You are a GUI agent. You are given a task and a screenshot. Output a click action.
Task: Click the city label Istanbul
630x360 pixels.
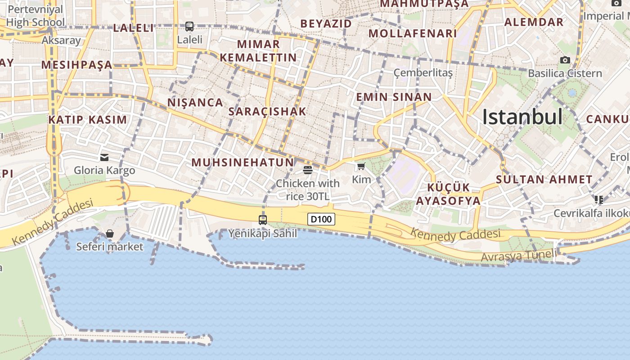[522, 117]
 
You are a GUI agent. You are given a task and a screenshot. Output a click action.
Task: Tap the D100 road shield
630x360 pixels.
[321, 219]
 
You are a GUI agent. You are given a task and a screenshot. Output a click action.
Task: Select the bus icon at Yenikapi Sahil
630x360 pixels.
[263, 220]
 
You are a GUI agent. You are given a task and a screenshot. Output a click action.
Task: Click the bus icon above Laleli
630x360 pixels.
[189, 27]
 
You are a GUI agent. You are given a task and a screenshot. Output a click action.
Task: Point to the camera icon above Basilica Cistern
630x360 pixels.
[565, 60]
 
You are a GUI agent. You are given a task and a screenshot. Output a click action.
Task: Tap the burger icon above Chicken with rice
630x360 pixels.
[308, 170]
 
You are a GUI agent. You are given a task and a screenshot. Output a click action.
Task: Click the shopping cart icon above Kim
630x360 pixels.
[361, 166]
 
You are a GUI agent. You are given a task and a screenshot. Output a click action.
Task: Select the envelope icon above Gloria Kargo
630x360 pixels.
[104, 157]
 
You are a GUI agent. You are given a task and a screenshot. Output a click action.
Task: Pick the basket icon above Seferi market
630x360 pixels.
[110, 234]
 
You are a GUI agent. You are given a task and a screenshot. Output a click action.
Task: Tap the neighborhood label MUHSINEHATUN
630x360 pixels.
[243, 162]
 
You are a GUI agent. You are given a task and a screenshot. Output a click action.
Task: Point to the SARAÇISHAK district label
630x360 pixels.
[267, 112]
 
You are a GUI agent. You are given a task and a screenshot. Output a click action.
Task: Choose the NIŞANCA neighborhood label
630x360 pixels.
[195, 103]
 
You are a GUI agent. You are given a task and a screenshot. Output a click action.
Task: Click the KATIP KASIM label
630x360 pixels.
[88, 120]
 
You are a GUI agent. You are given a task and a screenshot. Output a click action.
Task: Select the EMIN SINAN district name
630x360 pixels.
[394, 97]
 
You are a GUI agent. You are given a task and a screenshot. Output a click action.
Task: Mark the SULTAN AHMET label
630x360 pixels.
[544, 179]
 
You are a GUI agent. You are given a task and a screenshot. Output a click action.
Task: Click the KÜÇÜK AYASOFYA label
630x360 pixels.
[448, 194]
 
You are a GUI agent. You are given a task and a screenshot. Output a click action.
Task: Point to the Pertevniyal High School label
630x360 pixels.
[36, 16]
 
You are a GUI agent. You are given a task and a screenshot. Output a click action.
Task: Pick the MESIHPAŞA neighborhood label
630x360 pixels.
[76, 65]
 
